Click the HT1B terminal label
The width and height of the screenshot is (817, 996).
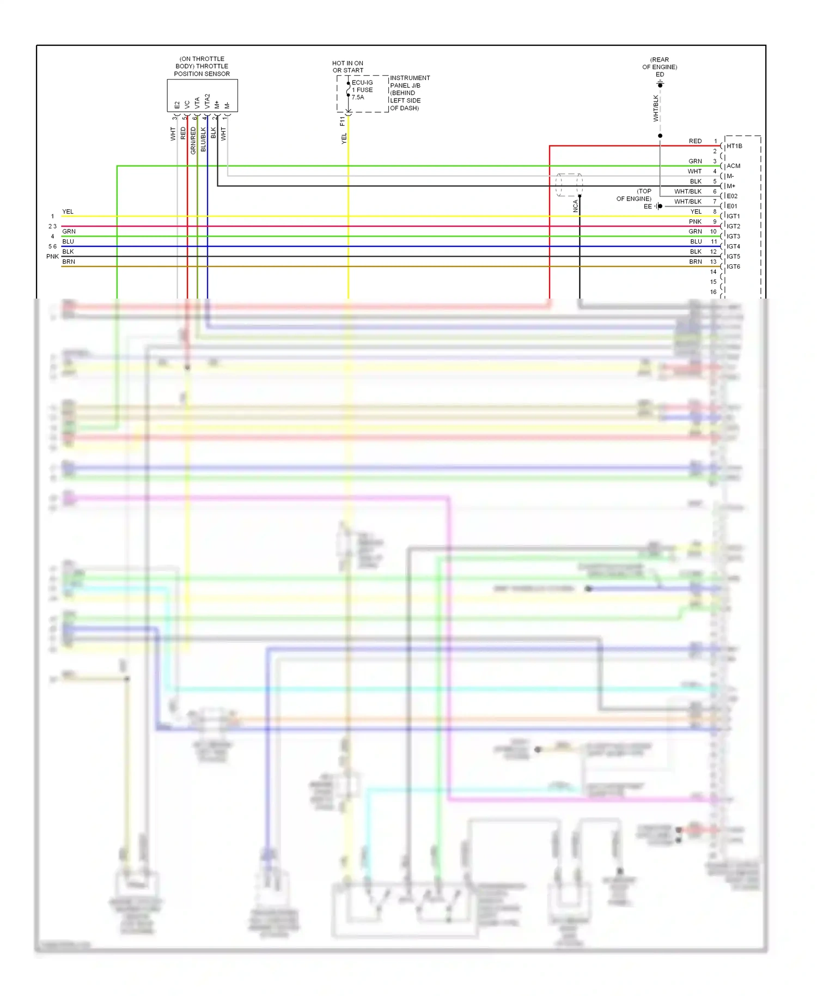(734, 146)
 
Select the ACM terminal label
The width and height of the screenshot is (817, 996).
(733, 166)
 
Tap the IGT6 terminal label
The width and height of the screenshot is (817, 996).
(733, 266)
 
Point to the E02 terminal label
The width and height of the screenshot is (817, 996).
(732, 196)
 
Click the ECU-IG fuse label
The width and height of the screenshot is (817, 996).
(362, 83)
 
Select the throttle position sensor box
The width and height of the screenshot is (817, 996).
(202, 96)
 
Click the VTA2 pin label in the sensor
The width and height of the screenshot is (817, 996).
(208, 101)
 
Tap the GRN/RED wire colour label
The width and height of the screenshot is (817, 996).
(193, 140)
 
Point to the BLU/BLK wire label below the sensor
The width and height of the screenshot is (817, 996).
(203, 139)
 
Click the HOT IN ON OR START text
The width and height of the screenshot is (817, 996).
(347, 66)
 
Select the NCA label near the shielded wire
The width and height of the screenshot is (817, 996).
(575, 206)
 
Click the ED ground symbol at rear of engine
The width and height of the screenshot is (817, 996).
(660, 84)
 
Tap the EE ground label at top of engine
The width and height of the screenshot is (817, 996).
(648, 207)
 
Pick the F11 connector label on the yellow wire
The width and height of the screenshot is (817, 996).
(342, 121)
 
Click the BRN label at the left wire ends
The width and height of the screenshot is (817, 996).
(69, 262)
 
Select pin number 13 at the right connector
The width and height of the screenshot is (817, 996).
(713, 262)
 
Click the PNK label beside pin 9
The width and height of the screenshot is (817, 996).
(695, 222)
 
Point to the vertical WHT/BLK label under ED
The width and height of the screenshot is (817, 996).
(656, 108)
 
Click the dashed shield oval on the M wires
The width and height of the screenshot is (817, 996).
(569, 185)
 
